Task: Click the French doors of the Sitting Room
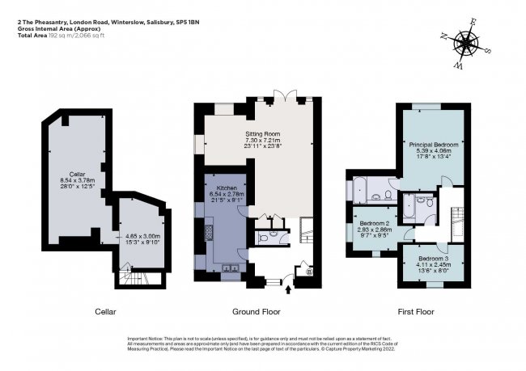(x=281, y=99)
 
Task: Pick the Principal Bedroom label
(x=435, y=143)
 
